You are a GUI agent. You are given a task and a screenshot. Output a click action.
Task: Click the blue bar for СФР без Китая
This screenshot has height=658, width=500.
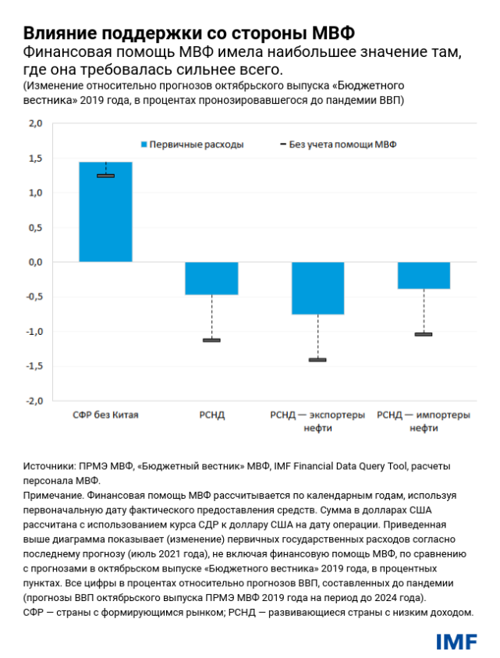(x=105, y=212)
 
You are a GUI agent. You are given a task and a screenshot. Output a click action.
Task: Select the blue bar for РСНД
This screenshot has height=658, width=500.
(x=211, y=279)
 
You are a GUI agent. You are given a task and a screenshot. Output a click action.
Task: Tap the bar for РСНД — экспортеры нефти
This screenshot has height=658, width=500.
(x=317, y=288)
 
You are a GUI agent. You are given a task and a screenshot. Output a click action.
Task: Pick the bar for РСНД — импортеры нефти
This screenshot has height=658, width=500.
(x=424, y=276)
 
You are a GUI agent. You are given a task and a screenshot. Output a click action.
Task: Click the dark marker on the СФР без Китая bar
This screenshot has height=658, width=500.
(x=105, y=176)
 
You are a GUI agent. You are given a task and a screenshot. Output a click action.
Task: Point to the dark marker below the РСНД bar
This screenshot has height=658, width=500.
(x=211, y=340)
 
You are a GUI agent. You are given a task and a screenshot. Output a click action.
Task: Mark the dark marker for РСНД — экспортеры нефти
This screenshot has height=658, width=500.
(x=317, y=360)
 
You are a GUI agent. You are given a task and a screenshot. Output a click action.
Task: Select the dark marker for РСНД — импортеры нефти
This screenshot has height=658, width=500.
(x=424, y=334)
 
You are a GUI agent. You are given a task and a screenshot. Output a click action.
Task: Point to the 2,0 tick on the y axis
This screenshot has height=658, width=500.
(x=35, y=124)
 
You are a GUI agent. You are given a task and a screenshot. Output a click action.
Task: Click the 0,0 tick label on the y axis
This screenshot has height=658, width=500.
(x=35, y=262)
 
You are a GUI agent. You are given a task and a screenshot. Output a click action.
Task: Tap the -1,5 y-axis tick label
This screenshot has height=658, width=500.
(x=34, y=366)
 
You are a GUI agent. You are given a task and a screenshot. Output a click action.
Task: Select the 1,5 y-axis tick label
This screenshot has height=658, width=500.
(x=35, y=158)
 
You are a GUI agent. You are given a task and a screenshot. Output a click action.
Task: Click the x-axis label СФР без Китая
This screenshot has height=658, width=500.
(x=105, y=415)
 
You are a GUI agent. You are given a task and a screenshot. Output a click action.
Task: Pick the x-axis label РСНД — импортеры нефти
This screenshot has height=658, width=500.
(x=424, y=421)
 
